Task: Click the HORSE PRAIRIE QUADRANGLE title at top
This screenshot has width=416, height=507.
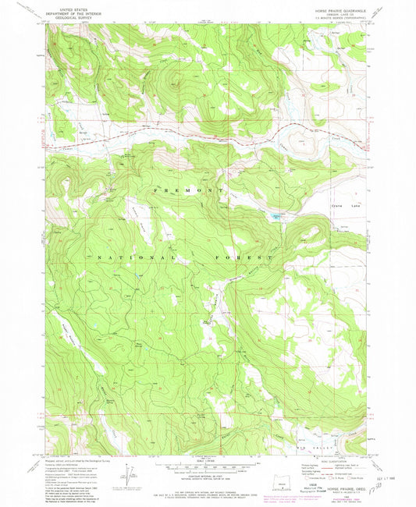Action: pos(331,9)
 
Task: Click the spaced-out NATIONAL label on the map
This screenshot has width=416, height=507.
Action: pos(133,257)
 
